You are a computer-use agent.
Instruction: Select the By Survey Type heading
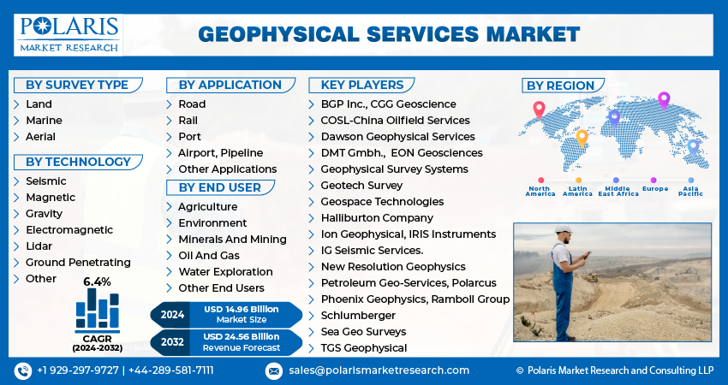point(76,85)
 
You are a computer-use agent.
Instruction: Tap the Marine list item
point(44,120)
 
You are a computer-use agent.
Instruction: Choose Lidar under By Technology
point(39,246)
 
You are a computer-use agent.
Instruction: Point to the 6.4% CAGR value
point(97,281)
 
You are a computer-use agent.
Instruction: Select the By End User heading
point(220,187)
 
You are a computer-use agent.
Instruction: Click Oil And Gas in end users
point(209,255)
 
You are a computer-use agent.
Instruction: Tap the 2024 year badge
point(172,314)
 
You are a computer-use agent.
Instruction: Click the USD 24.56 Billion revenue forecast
point(242,337)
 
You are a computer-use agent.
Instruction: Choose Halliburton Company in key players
point(377,218)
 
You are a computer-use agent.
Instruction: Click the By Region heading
point(560,86)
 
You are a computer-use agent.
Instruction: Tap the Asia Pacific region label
point(691,192)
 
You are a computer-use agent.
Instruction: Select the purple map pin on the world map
point(663,100)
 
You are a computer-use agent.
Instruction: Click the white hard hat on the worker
point(563,229)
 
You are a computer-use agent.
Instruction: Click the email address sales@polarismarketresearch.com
point(379,370)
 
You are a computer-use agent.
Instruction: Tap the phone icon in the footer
point(23,370)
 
